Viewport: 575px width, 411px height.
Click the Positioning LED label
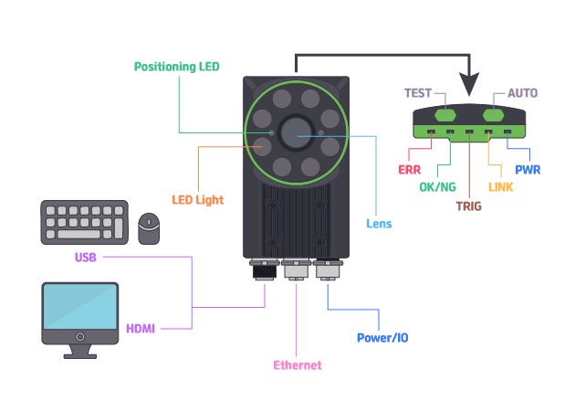tap(176, 67)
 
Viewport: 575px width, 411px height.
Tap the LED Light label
tap(198, 199)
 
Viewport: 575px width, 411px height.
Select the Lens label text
tap(379, 223)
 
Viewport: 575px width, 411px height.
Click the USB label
tap(85, 258)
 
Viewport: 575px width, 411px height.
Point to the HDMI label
tap(141, 328)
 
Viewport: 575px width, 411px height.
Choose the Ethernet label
tap(298, 365)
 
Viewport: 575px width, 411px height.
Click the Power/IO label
tap(382, 338)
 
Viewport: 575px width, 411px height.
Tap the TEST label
tap(419, 93)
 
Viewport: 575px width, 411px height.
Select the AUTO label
tap(522, 93)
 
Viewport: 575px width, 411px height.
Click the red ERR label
tap(409, 169)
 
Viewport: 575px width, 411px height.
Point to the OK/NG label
tap(437, 187)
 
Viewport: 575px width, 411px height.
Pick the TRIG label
tap(469, 205)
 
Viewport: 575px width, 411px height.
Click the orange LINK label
tap(501, 187)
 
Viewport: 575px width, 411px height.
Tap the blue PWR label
tap(528, 169)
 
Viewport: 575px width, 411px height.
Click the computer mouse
tap(149, 228)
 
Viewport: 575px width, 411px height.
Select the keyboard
tap(84, 222)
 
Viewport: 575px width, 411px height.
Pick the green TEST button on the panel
tap(446, 115)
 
